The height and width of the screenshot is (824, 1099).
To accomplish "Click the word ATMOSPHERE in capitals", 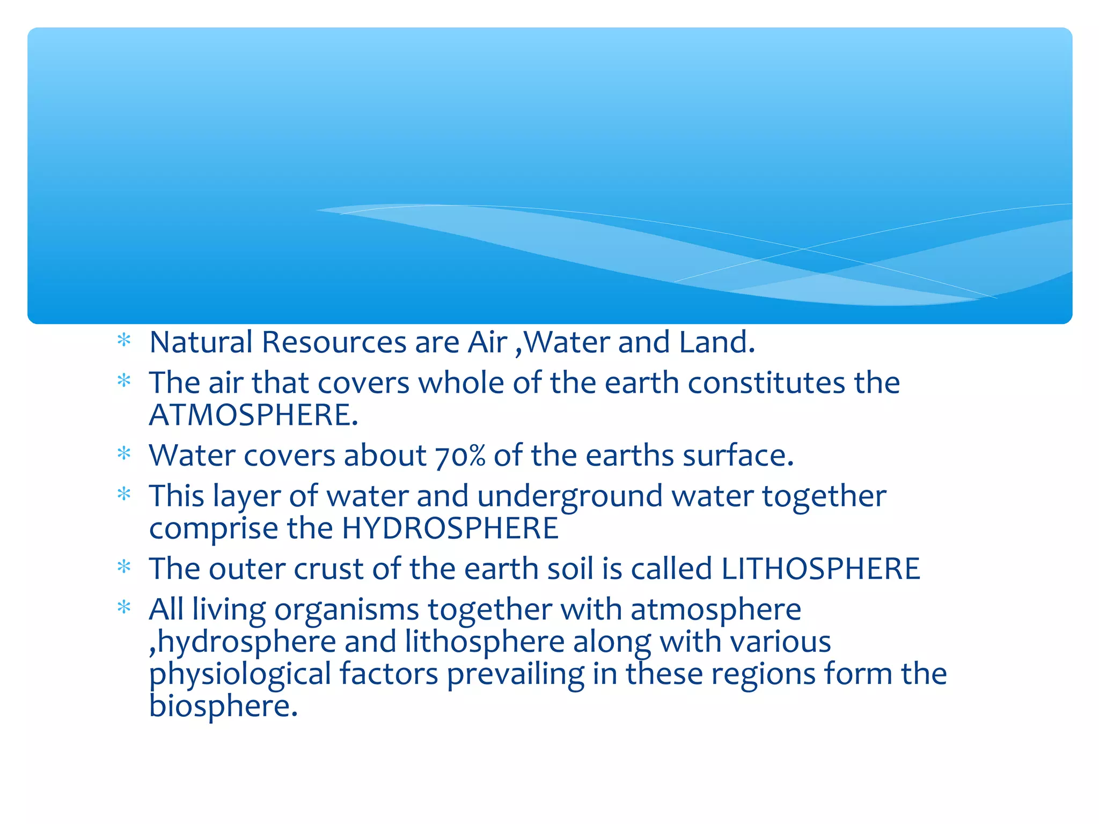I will pos(253,415).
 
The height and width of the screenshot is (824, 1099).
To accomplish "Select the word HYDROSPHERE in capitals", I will pos(450,528).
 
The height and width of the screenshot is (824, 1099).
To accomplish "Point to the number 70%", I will pos(460,456).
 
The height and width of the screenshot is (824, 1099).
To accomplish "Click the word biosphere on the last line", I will pos(223,706).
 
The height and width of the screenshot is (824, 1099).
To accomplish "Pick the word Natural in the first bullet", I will pos(201,342).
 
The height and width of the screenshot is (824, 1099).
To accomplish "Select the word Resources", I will pos(334,342).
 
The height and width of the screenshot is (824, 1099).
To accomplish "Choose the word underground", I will pos(569,496).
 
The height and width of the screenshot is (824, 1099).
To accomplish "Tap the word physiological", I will pos(240,675).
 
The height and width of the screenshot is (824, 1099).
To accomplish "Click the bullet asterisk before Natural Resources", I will pos(124,340).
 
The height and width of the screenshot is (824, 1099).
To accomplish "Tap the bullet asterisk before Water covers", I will pos(124,454).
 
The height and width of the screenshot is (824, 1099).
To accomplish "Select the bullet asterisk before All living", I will pos(124,608).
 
